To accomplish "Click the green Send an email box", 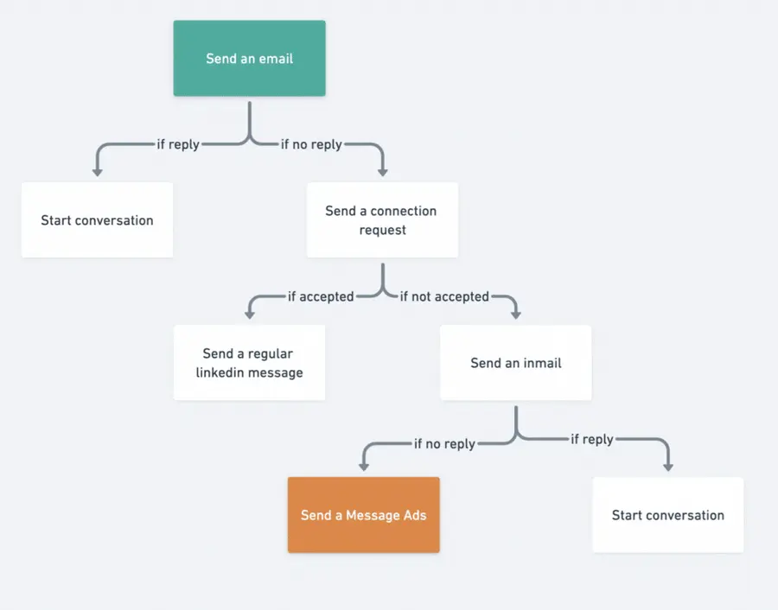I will (249, 58).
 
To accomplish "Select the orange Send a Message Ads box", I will (363, 515).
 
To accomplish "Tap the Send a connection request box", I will (382, 219).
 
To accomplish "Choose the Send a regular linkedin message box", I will (249, 363).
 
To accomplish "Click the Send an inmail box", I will (515, 363).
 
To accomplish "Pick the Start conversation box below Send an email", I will (97, 219).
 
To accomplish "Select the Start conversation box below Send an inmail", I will (667, 515).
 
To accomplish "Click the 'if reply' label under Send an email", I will (178, 144).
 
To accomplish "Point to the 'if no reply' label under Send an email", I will (311, 144).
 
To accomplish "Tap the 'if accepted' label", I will (321, 296).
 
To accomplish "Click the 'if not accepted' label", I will (444, 296).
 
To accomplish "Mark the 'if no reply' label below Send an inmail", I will (444, 443).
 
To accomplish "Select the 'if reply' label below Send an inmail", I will (592, 439).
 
